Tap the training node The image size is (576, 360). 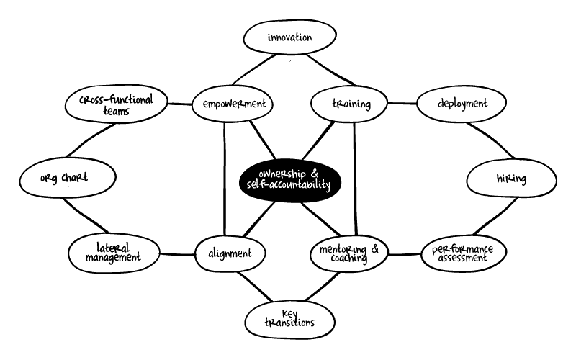pyautogui.click(x=351, y=104)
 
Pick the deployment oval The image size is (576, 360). pyautogui.click(x=462, y=104)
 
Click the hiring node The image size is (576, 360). pyautogui.click(x=510, y=179)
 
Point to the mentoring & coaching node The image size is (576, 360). pyautogui.click(x=348, y=253)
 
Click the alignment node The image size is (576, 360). pyautogui.click(x=230, y=253)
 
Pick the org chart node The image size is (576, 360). pyautogui.click(x=64, y=179)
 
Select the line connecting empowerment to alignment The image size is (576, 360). pyautogui.click(x=224, y=180)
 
